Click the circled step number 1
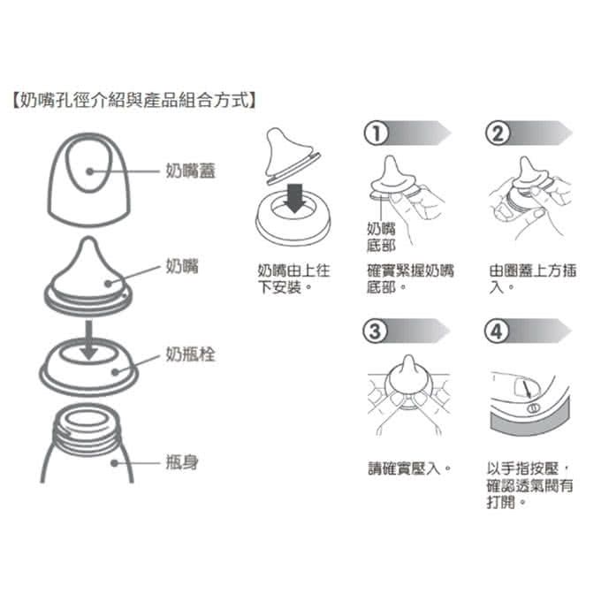(x=376, y=133)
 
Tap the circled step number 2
(x=498, y=133)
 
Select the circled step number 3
(x=376, y=331)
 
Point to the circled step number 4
(x=497, y=331)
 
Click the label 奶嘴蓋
(x=191, y=171)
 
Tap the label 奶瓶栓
(x=191, y=354)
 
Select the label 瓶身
(x=182, y=462)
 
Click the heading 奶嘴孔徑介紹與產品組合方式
(x=134, y=100)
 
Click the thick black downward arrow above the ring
(x=294, y=198)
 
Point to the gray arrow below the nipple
(x=89, y=340)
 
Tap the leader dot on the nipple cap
(x=89, y=171)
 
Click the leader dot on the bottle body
(x=114, y=463)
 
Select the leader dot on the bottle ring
(x=115, y=372)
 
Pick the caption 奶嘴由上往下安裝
(x=293, y=278)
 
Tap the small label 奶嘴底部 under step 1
(x=381, y=237)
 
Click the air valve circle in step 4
(x=534, y=408)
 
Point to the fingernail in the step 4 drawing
(x=526, y=388)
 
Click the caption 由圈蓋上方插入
(x=533, y=278)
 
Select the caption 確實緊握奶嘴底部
(x=410, y=278)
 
